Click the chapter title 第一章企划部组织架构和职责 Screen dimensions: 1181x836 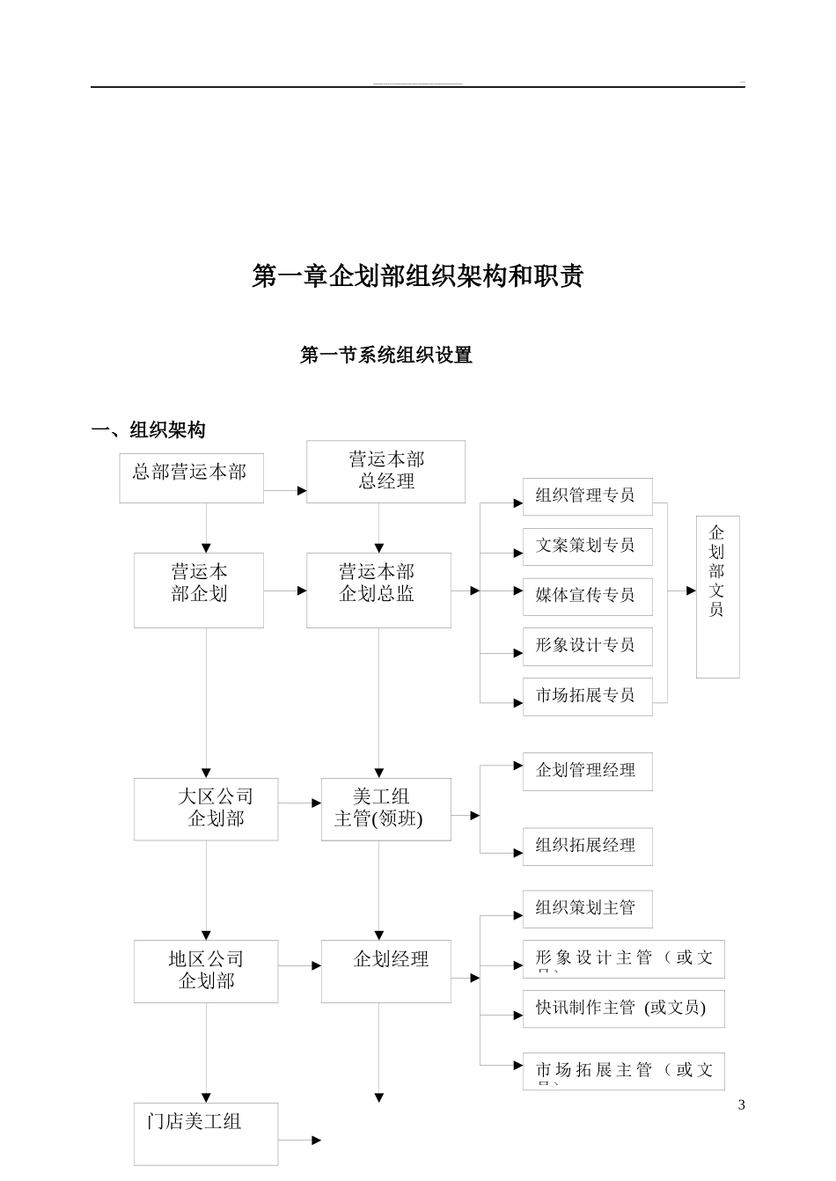point(417,276)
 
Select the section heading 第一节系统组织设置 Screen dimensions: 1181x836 point(386,356)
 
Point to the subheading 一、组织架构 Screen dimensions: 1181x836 point(149,430)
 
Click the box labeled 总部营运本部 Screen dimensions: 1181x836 point(191,478)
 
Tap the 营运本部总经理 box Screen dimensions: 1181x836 point(385,472)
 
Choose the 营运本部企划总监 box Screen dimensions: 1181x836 point(378,590)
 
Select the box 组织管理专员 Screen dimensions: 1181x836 point(587,495)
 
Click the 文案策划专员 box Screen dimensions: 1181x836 point(587,546)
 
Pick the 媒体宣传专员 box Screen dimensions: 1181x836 point(587,596)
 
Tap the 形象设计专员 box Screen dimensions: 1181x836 point(587,646)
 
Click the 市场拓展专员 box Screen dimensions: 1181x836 point(587,696)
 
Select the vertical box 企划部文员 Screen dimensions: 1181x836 point(717,596)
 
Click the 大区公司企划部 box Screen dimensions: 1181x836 point(206,809)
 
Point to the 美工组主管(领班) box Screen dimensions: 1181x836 point(385,809)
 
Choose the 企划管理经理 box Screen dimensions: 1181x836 point(587,771)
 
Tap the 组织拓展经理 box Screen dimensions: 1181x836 point(587,847)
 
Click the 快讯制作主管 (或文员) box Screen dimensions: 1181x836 point(623,1009)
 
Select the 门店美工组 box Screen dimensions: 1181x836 point(206,1133)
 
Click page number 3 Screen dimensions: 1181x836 point(741,1105)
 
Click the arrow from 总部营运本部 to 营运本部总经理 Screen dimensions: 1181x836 point(285,490)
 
